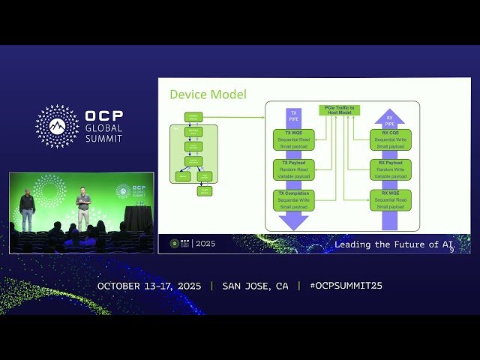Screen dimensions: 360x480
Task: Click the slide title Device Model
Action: tap(208, 94)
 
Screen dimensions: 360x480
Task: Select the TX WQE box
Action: tap(294, 139)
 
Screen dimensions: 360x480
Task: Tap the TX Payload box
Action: tap(294, 169)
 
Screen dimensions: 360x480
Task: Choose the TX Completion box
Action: tap(294, 199)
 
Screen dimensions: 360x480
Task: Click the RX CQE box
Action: tap(390, 139)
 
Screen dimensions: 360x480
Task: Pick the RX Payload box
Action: tap(390, 169)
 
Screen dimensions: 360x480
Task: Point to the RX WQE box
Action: tap(390, 199)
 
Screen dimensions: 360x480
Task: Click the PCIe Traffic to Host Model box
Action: tap(340, 110)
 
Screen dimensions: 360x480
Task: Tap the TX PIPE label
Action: tap(294, 116)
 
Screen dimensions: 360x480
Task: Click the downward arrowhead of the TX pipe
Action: tap(294, 221)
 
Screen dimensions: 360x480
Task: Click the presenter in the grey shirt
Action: tap(83, 208)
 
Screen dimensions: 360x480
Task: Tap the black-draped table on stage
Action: tap(137, 218)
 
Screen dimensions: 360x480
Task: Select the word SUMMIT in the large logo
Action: tap(104, 139)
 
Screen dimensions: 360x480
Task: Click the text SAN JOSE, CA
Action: tap(255, 286)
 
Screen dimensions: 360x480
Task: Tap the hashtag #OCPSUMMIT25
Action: tap(340, 286)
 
